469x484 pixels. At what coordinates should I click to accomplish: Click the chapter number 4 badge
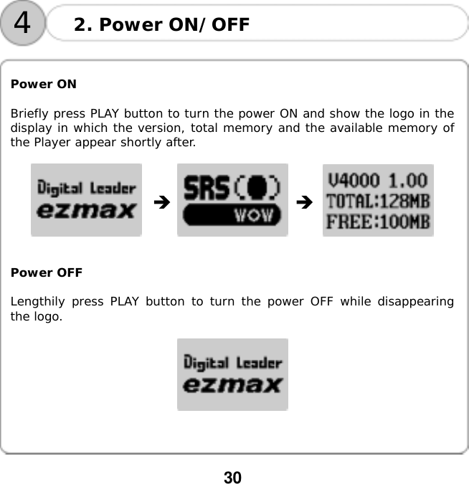22,23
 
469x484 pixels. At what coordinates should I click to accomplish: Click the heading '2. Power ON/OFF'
162,25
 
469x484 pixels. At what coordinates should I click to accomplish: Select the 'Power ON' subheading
44,84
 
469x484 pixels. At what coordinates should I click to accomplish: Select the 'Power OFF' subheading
47,272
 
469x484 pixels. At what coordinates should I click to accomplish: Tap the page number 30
233,477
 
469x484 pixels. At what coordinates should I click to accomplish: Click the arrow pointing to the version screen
305,203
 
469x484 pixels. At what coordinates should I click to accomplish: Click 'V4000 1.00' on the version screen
377,179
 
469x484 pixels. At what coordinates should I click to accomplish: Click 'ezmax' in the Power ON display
86,211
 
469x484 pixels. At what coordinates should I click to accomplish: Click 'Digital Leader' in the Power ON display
86,189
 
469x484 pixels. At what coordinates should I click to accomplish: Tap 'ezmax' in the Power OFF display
232,385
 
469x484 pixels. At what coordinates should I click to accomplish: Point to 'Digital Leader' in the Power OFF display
232,363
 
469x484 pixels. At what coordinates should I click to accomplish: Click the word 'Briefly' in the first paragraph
28,114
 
